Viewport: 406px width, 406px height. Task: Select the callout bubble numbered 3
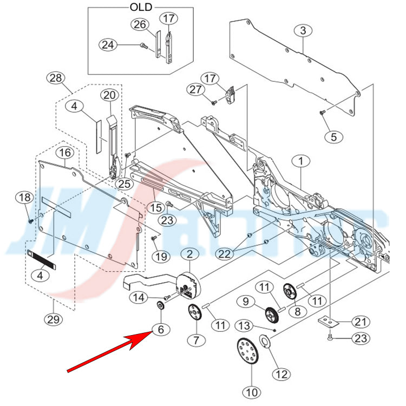point(303,31)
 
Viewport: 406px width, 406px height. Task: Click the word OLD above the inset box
point(141,7)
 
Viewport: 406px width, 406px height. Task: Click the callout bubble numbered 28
point(55,77)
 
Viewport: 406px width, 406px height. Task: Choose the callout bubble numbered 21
point(359,322)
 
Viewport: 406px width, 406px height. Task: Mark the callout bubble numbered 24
point(108,45)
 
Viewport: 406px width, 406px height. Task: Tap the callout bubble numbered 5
point(333,136)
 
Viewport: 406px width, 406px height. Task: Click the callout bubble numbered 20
point(110,95)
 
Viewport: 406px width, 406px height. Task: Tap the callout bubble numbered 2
point(191,254)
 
